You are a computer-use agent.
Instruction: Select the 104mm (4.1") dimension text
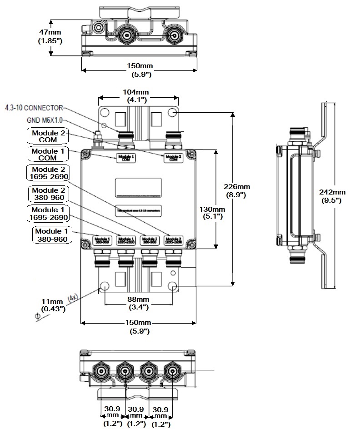point(138,96)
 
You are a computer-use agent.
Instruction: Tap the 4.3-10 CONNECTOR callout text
point(34,108)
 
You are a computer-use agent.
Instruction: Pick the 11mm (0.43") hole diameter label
point(52,305)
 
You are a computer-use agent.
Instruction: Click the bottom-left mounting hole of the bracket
point(104,286)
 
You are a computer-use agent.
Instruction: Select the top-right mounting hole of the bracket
point(172,112)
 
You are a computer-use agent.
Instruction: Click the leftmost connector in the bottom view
point(100,372)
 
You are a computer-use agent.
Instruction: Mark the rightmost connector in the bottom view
point(171,372)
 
